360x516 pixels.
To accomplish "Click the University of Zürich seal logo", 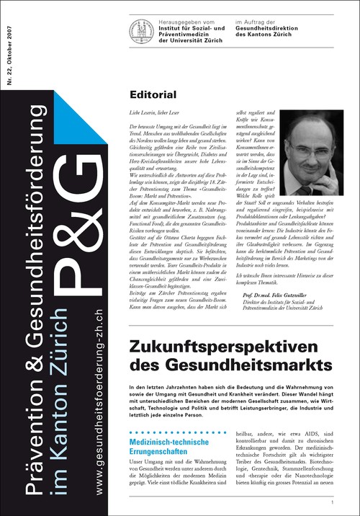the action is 141,30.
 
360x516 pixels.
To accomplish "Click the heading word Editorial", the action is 153,94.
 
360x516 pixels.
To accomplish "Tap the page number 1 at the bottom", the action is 332,502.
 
